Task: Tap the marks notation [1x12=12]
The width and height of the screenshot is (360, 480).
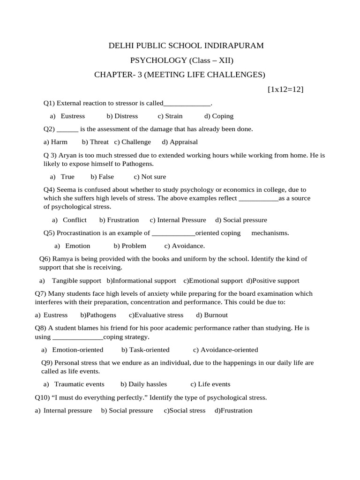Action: point(285,89)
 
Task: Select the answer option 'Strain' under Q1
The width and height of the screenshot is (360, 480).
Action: point(174,116)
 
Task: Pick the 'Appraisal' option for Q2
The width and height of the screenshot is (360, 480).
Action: point(183,142)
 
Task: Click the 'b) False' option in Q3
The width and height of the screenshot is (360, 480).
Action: point(103,177)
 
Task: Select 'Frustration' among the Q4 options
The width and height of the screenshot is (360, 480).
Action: point(123,220)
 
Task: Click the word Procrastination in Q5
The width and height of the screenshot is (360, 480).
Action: point(78,232)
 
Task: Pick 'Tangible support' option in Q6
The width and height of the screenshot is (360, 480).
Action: point(76,280)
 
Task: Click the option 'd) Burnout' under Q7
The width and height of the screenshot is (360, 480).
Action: point(212,315)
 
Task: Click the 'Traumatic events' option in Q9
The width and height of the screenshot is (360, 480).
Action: point(79,384)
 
